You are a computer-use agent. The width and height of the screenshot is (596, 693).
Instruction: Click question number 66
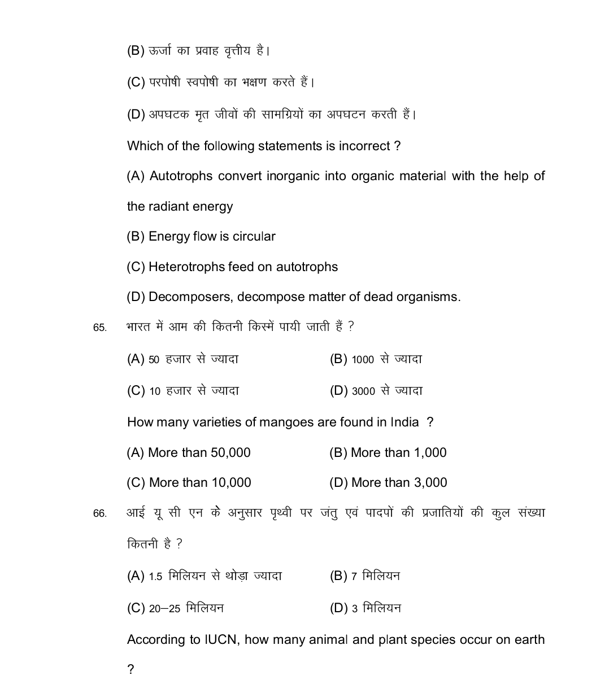pyautogui.click(x=99, y=514)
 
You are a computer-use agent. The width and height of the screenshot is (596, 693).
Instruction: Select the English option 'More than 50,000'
pyautogui.click(x=189, y=453)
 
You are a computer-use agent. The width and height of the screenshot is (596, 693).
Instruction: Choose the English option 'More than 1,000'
pyautogui.click(x=388, y=453)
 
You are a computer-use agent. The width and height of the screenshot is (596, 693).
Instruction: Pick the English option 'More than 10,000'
pyautogui.click(x=189, y=483)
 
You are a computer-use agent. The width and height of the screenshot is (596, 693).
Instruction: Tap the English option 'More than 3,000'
pyautogui.click(x=388, y=483)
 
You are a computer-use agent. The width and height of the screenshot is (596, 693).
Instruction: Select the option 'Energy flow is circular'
pyautogui.click(x=201, y=237)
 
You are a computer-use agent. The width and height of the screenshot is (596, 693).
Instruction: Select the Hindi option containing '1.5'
pyautogui.click(x=205, y=577)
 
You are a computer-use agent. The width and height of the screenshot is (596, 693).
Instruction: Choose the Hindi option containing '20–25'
pyautogui.click(x=175, y=608)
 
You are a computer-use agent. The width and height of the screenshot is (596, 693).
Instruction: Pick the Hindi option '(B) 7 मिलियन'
pyautogui.click(x=365, y=577)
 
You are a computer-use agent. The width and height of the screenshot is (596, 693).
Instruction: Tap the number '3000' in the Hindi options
pyautogui.click(x=363, y=391)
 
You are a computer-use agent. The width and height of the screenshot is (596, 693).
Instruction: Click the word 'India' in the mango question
pyautogui.click(x=404, y=422)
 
